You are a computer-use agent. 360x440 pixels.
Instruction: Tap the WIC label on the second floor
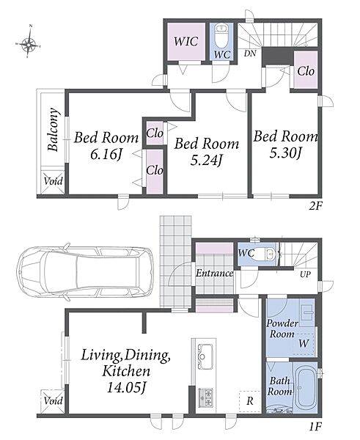(x=186, y=42)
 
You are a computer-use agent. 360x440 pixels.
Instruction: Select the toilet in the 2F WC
(x=221, y=37)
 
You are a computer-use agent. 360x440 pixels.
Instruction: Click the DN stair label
(x=250, y=54)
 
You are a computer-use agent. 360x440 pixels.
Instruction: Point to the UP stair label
(x=305, y=274)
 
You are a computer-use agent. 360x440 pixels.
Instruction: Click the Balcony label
(x=54, y=129)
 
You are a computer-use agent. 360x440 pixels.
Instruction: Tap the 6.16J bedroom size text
(x=106, y=154)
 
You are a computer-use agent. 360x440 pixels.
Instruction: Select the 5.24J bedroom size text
(x=206, y=160)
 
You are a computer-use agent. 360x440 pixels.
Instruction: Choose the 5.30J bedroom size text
(x=285, y=153)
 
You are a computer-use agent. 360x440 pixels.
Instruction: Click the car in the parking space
(x=85, y=272)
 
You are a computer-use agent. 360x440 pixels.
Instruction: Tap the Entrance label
(x=214, y=273)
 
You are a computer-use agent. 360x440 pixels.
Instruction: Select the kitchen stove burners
(x=206, y=397)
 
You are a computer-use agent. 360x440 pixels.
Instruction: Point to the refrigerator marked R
(x=250, y=401)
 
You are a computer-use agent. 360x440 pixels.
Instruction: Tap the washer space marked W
(x=304, y=344)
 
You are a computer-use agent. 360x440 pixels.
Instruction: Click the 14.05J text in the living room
(x=126, y=388)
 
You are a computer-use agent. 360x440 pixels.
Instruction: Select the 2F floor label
(x=315, y=207)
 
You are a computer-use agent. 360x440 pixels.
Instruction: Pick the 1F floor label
(x=315, y=427)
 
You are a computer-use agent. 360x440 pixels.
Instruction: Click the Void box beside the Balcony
(x=53, y=181)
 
